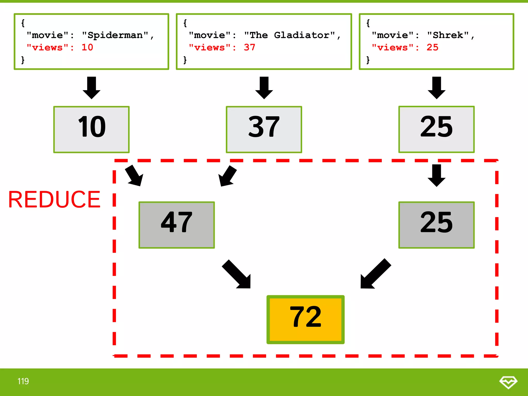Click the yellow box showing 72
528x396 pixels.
point(306,319)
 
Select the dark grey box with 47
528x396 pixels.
point(177,225)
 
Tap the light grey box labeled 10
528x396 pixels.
point(92,129)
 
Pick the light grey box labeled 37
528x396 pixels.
point(264,129)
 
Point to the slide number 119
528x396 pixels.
point(23,381)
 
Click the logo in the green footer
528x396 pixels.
point(508,382)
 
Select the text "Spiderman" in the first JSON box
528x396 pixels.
point(115,35)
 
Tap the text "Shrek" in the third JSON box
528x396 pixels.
point(448,35)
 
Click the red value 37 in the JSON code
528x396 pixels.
point(250,47)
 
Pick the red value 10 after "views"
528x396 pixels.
point(87,47)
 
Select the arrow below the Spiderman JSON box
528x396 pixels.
point(92,88)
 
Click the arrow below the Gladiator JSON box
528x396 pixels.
point(264,88)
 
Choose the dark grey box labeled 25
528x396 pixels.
point(436,225)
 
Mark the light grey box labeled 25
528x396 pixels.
point(436,129)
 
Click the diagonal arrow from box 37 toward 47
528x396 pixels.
point(227,176)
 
